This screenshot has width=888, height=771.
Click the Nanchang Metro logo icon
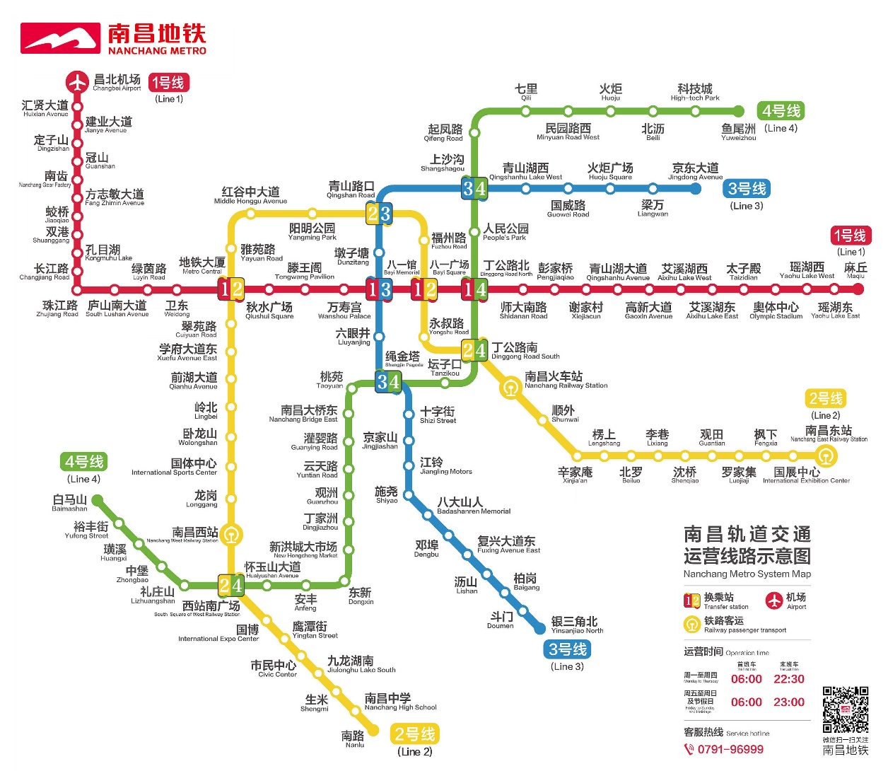point(61,38)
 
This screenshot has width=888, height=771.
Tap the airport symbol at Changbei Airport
point(77,82)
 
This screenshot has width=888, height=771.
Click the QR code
point(845,709)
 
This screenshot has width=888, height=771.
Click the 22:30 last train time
point(789,679)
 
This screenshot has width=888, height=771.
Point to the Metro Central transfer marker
point(231,289)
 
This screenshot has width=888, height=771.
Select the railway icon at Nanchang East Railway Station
point(826,456)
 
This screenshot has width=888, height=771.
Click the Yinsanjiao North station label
point(577,625)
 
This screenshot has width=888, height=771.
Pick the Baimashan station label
point(69,503)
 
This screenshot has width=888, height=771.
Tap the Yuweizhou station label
point(738,132)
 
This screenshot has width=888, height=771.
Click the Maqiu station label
point(855,270)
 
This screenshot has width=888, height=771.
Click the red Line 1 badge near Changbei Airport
point(168,83)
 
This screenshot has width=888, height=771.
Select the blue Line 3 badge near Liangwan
point(747,189)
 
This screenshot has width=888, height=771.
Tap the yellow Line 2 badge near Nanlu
point(415,734)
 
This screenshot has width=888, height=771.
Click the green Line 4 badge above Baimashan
point(84,462)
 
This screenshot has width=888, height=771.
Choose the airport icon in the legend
point(775,601)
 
